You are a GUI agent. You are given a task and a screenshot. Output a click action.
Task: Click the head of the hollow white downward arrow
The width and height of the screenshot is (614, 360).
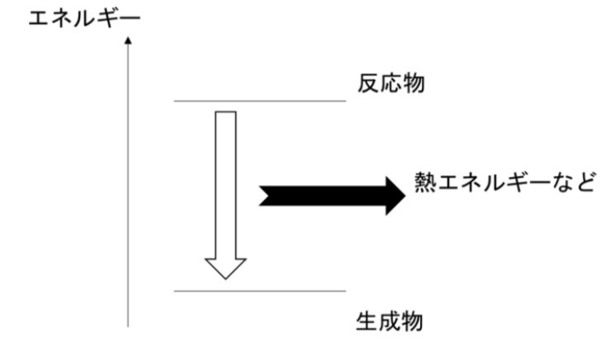tap(225, 268)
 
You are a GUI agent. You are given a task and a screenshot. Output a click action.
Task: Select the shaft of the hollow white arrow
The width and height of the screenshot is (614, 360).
tap(225, 182)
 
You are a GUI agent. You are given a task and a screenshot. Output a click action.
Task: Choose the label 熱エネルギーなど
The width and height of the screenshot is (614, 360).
tap(503, 182)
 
